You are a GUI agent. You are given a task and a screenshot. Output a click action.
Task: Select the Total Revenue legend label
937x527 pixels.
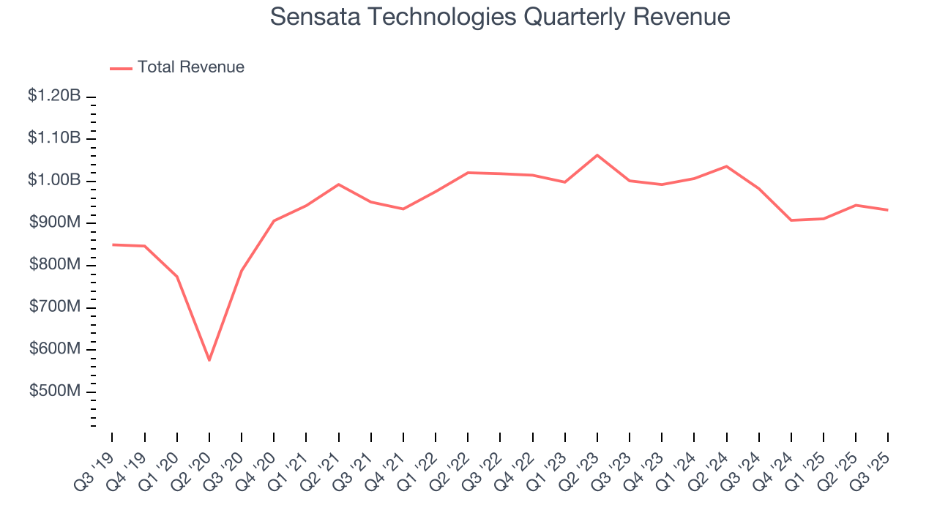pos(190,67)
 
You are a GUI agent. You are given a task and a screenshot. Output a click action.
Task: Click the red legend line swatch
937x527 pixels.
pos(121,68)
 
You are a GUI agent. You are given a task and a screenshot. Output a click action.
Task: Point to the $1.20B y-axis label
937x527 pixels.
pos(54,96)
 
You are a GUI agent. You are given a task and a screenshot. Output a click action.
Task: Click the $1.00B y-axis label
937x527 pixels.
pos(54,181)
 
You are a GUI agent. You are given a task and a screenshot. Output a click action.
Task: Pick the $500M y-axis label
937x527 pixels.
pos(55,392)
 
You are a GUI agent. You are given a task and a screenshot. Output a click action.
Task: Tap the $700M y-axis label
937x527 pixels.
pos(55,307)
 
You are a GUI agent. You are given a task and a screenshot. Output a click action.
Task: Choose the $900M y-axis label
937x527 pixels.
pos(55,223)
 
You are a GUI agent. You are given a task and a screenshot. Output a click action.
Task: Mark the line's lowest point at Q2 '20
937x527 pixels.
pos(209,360)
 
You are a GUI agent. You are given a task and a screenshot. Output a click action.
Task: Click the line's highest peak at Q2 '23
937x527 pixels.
pos(597,155)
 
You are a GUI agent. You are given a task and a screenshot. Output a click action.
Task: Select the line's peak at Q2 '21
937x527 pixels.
pos(338,184)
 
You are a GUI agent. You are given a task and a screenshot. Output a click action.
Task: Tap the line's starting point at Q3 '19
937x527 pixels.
pos(113,244)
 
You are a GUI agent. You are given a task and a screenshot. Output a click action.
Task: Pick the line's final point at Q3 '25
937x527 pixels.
pos(888,210)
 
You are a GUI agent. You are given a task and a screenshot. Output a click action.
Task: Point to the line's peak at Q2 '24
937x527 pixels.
pos(726,166)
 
